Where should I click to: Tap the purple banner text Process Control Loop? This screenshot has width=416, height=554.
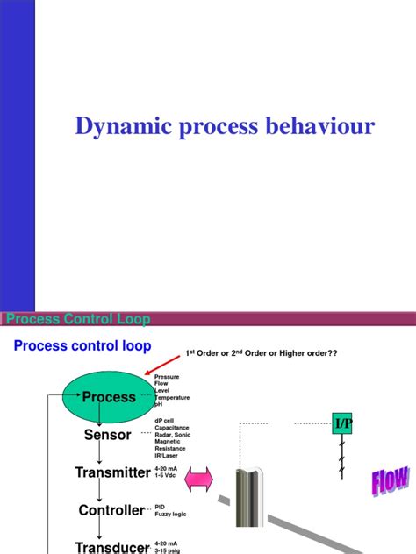(79, 320)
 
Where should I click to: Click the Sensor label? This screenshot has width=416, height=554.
(107, 434)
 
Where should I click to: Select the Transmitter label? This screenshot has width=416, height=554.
(111, 472)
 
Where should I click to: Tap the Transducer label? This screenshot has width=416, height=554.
(111, 545)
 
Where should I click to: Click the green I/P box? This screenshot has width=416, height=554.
(342, 424)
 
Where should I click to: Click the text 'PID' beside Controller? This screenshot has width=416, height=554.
(160, 506)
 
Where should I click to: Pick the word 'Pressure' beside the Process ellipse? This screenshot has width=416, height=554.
(168, 376)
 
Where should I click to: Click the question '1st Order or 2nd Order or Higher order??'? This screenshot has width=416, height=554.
(261, 352)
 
